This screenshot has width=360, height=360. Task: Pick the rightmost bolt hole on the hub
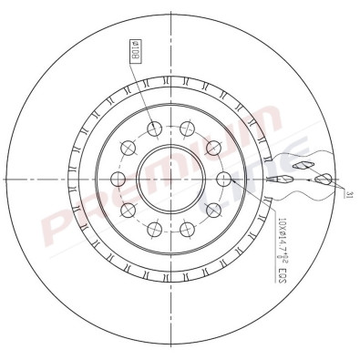pyautogui.click(x=221, y=179)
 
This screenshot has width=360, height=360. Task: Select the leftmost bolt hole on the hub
pyautogui.click(x=118, y=179)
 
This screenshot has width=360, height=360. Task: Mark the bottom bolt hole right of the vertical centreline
pyautogui.click(x=186, y=228)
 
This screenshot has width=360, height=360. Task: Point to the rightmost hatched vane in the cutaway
pyautogui.click(x=323, y=179)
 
